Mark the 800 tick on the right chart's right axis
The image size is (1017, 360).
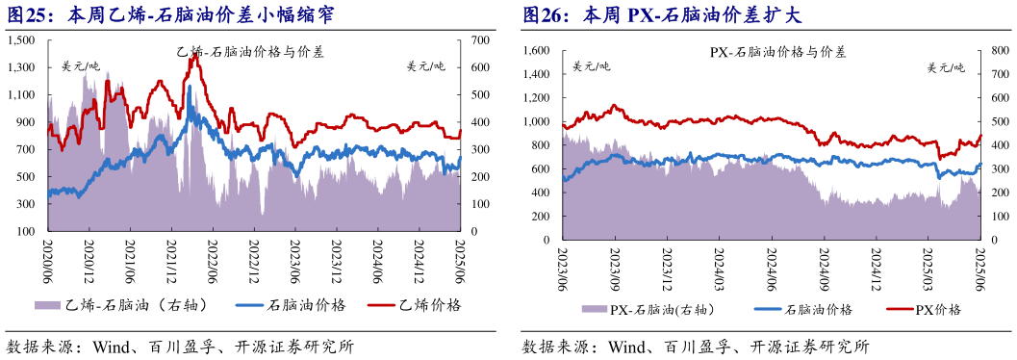click(x=998, y=50)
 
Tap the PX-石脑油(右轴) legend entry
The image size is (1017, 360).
click(x=647, y=310)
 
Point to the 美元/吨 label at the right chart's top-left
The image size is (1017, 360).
click(x=591, y=66)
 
